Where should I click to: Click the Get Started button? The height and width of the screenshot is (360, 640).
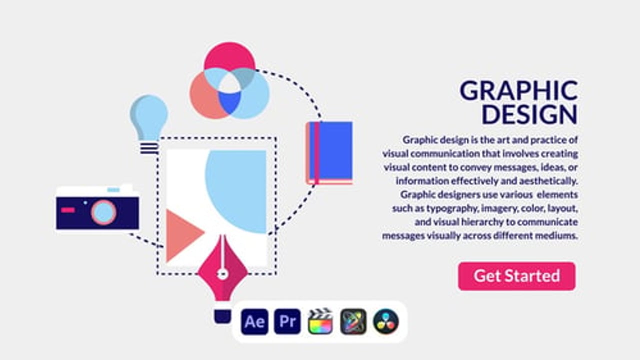pyautogui.click(x=516, y=276)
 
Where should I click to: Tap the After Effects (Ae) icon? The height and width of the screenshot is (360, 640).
pyautogui.click(x=254, y=321)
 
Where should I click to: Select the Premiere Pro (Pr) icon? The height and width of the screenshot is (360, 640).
pyautogui.click(x=287, y=321)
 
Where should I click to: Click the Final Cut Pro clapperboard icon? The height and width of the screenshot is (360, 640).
pyautogui.click(x=320, y=321)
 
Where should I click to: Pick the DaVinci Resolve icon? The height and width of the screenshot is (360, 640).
pyautogui.click(x=386, y=321)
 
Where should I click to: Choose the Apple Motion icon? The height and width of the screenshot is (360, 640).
pyautogui.click(x=353, y=321)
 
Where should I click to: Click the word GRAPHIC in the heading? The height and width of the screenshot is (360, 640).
pyautogui.click(x=519, y=90)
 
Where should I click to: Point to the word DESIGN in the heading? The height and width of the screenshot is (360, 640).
pyautogui.click(x=529, y=114)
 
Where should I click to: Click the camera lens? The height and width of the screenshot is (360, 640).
pyautogui.click(x=103, y=212)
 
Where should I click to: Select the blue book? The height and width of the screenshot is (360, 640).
pyautogui.click(x=329, y=153)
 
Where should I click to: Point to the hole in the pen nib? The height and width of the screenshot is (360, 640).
pyautogui.click(x=222, y=274)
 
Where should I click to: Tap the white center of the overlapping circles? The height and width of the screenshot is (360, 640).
pyautogui.click(x=229, y=83)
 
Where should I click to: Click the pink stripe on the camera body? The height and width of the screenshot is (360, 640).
pyautogui.click(x=68, y=210)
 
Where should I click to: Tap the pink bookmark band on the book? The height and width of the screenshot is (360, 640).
pyautogui.click(x=316, y=153)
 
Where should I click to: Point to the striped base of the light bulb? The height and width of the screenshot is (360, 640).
pyautogui.click(x=149, y=148)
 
